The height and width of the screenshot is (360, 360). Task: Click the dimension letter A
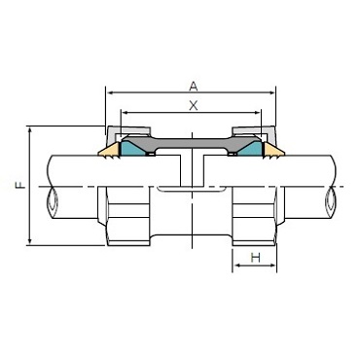[x=194, y=87]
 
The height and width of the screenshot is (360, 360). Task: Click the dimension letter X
[x=194, y=106]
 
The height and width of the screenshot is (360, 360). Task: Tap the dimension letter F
[x=21, y=186]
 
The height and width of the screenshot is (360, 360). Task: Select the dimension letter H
[x=256, y=258]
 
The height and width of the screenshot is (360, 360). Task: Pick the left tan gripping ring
[x=109, y=151]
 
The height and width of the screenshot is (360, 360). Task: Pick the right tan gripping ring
[x=273, y=151]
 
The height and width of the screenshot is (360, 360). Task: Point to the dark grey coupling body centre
[x=192, y=143]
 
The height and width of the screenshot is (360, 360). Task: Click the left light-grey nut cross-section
[x=127, y=130]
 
